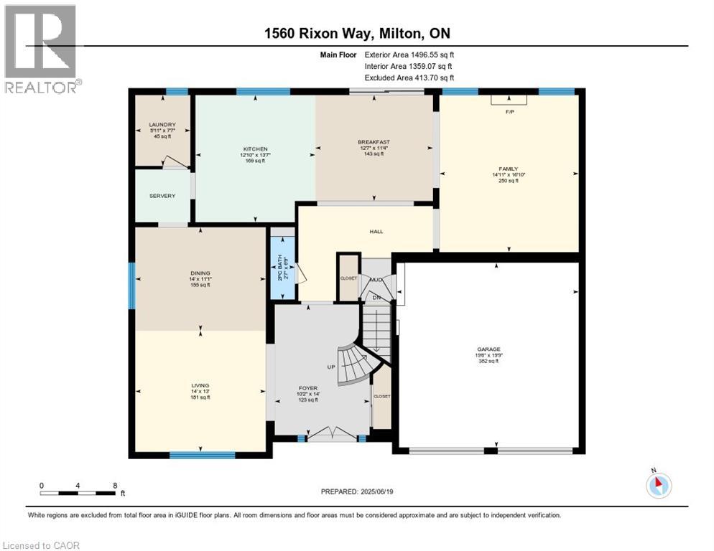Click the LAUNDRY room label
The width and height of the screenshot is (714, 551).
tap(162, 125)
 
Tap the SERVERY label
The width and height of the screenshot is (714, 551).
tap(162, 196)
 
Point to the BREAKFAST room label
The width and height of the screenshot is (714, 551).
tap(374, 142)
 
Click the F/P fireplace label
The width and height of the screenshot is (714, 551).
tap(509, 112)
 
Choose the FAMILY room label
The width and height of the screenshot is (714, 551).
tap(509, 168)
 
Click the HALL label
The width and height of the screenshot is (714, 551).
tap(376, 232)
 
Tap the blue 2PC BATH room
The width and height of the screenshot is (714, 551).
tap(282, 263)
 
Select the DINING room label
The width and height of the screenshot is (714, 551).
tap(200, 273)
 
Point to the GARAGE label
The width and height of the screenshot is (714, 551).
tap(488, 349)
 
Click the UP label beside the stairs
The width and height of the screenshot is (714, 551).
tap(331, 367)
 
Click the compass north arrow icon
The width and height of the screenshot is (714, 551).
tap(658, 485)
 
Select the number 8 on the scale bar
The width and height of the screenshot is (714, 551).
tap(115, 485)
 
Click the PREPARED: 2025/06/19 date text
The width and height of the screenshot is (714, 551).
tap(358, 491)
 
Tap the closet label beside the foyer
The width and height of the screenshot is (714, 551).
tap(381, 396)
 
